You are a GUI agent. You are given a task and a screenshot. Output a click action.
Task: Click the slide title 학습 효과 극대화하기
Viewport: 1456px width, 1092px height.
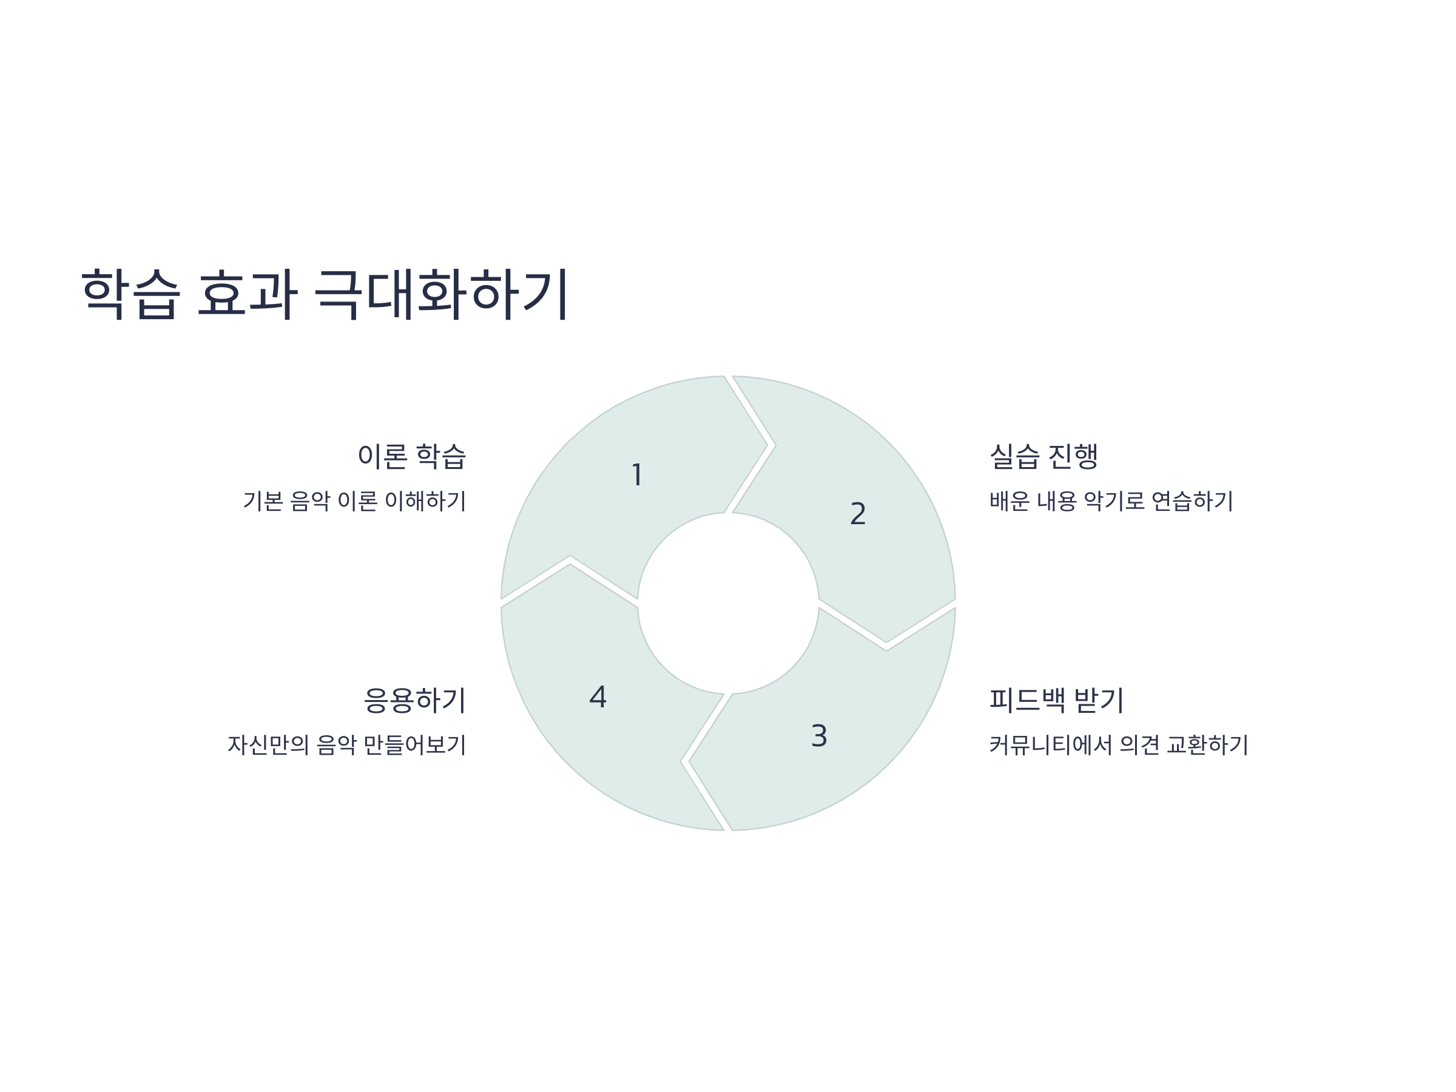pyautogui.click(x=325, y=294)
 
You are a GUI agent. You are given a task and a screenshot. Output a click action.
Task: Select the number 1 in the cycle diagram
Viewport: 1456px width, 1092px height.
pyautogui.click(x=636, y=474)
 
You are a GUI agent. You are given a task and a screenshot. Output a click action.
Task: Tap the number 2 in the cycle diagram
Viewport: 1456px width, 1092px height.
pyautogui.click(x=858, y=513)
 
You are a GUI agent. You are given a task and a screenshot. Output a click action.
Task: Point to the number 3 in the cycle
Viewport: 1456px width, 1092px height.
pyautogui.click(x=819, y=736)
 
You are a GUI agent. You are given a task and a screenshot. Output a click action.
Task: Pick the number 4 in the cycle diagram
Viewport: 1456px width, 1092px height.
pyautogui.click(x=598, y=697)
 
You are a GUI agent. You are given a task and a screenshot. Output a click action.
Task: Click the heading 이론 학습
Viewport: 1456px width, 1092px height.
pyautogui.click(x=411, y=456)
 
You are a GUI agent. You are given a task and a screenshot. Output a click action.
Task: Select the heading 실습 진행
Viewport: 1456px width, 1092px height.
pyautogui.click(x=1044, y=456)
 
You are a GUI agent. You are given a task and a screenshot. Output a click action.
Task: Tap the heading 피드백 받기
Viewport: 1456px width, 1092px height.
pyautogui.click(x=1056, y=699)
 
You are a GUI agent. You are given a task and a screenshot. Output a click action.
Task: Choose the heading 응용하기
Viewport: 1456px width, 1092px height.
pyautogui.click(x=415, y=699)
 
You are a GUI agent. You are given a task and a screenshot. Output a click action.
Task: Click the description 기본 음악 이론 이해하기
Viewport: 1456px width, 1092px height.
pyautogui.click(x=354, y=501)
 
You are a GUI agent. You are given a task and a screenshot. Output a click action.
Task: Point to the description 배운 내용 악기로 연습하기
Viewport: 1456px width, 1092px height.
pyautogui.click(x=1111, y=501)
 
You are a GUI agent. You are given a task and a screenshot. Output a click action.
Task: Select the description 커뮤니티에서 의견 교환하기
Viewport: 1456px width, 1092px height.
pyautogui.click(x=1118, y=744)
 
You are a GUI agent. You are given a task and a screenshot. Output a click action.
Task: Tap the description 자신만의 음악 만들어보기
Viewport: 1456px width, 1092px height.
pyautogui.click(x=347, y=744)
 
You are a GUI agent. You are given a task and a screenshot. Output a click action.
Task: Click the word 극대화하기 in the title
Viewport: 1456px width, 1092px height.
pyautogui.click(x=441, y=294)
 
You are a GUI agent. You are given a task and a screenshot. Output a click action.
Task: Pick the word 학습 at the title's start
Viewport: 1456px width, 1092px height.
pyautogui.click(x=130, y=294)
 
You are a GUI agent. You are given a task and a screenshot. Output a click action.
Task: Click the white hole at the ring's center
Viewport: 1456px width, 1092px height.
pyautogui.click(x=728, y=603)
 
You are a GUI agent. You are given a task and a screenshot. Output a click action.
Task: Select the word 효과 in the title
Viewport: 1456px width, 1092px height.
pyautogui.click(x=248, y=294)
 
